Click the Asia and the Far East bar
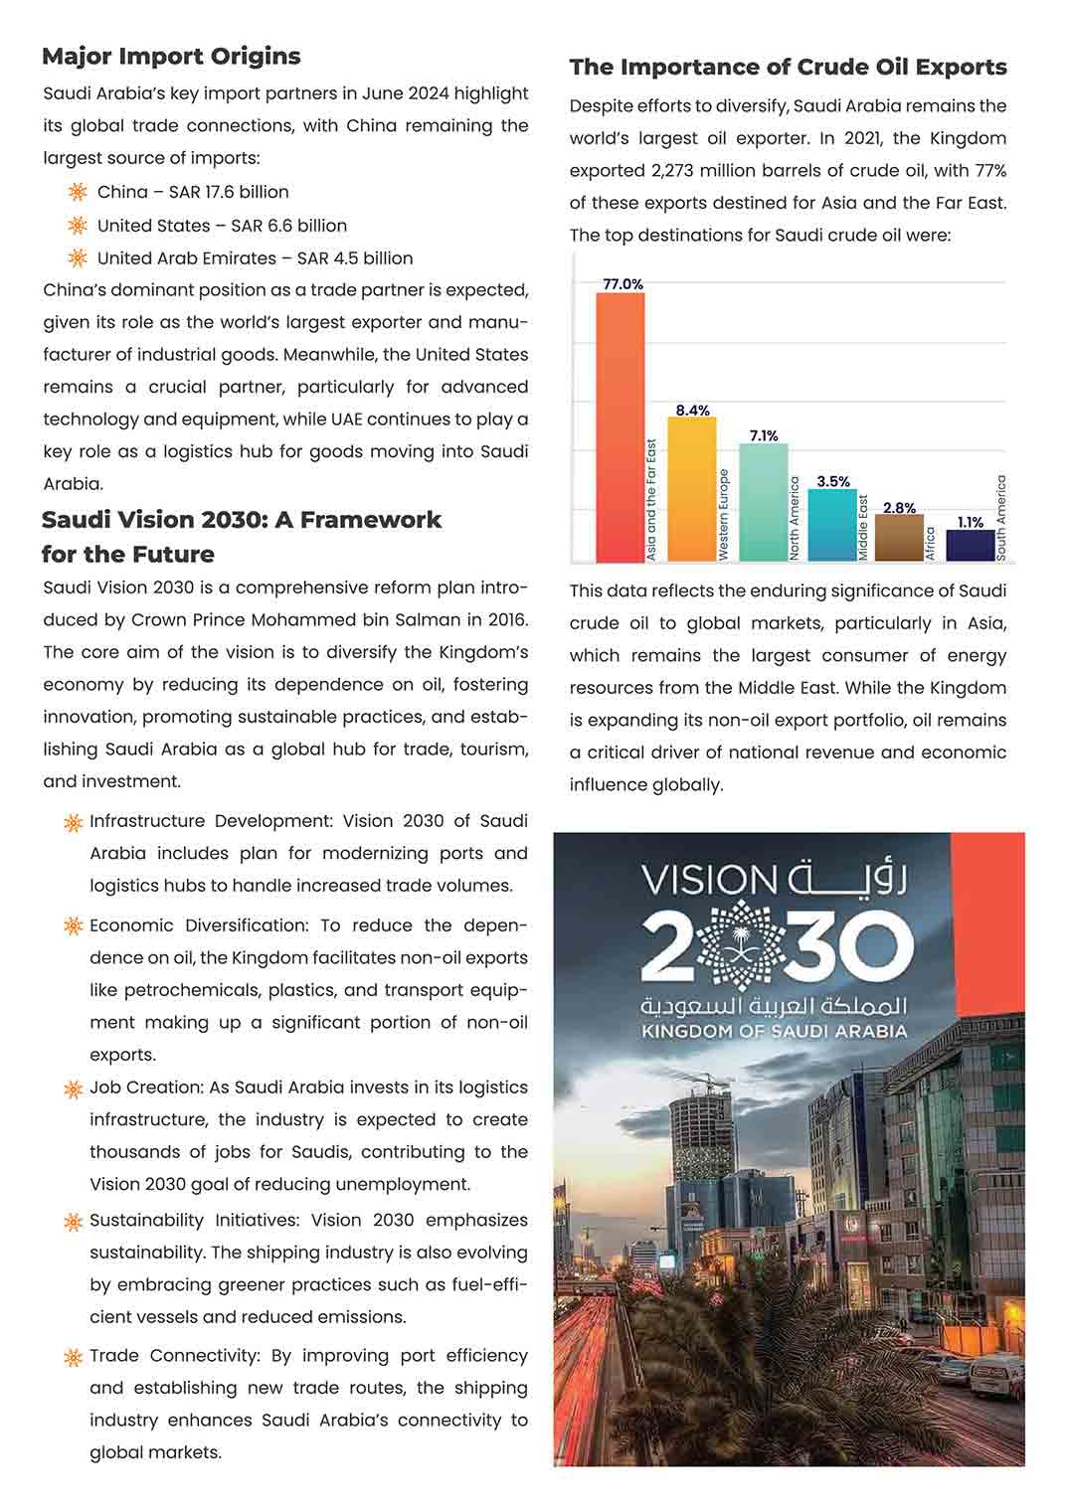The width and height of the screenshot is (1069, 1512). tap(620, 427)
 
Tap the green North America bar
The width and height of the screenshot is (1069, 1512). tap(763, 502)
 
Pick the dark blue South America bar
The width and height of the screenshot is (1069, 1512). tap(970, 546)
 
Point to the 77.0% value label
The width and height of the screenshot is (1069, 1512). tap(623, 284)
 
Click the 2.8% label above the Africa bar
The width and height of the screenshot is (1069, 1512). tap(899, 508)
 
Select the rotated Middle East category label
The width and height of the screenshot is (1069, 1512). tap(863, 527)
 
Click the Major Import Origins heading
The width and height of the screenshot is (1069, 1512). tap(171, 57)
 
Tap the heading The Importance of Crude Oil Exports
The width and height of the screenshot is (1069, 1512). tap(788, 68)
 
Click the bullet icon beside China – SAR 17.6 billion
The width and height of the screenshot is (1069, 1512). tap(78, 192)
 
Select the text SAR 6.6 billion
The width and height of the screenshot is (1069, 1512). tap(289, 226)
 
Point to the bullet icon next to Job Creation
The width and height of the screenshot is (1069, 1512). tap(73, 1090)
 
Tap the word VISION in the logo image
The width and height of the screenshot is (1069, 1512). tap(709, 881)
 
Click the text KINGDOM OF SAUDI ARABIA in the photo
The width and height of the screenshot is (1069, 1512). tap(774, 1032)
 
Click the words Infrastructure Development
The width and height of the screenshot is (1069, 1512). tap(211, 821)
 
